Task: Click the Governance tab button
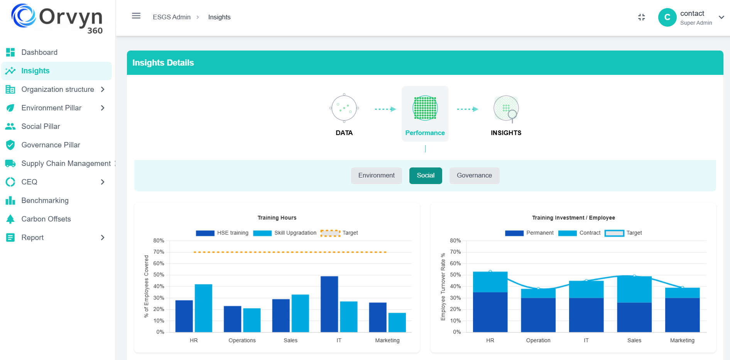click(474, 176)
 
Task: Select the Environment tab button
click(376, 176)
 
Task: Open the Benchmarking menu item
click(45, 200)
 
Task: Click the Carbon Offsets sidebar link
click(46, 219)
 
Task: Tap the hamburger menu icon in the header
click(136, 16)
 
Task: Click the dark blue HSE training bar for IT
click(329, 304)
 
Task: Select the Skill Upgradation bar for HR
click(203, 308)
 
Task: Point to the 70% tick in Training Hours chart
click(159, 252)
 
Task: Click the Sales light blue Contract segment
click(634, 289)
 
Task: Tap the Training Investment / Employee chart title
click(573, 218)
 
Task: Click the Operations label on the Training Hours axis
click(242, 340)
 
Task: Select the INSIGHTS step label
click(506, 133)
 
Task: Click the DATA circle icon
click(344, 108)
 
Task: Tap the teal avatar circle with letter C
click(667, 17)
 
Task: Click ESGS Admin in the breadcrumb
click(172, 17)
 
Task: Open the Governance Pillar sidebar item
click(51, 145)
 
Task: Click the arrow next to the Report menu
click(103, 237)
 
